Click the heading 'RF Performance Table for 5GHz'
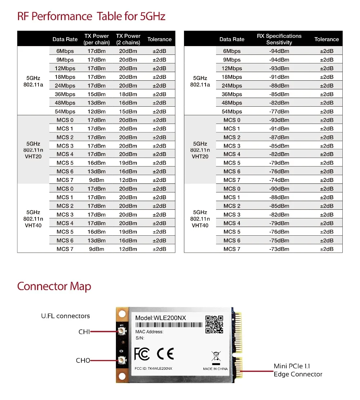(x=91, y=17)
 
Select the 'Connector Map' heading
(x=54, y=286)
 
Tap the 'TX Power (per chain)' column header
(x=96, y=39)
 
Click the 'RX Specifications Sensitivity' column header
(x=279, y=39)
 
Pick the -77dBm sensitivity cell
(x=279, y=112)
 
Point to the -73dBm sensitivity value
(x=279, y=249)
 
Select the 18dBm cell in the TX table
(x=128, y=94)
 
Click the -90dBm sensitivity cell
(x=279, y=189)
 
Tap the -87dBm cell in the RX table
(x=279, y=137)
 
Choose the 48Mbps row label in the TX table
(x=65, y=103)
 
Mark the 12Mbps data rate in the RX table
(x=232, y=68)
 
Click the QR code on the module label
(x=214, y=324)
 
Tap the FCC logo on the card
(x=142, y=354)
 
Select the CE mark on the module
(x=165, y=354)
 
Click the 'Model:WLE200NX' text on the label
(x=161, y=318)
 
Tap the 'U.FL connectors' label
(x=65, y=316)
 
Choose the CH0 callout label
(x=83, y=360)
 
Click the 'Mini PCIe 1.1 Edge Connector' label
(x=298, y=370)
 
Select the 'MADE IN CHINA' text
(x=215, y=369)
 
